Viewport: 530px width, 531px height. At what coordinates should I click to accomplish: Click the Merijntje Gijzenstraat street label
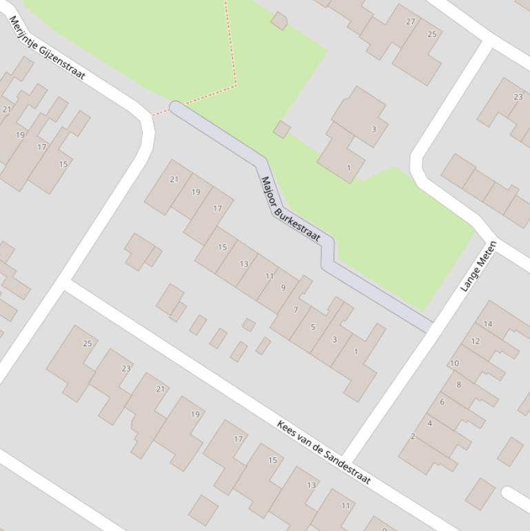[x=47, y=48]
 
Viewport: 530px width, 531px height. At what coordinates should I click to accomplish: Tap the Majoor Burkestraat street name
[x=290, y=209]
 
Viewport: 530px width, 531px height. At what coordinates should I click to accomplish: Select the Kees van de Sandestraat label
[x=324, y=452]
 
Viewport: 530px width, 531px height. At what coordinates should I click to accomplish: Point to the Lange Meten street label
[x=478, y=266]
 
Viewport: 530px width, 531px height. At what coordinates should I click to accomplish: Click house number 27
[x=411, y=21]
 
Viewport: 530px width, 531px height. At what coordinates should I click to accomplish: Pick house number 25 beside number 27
[x=432, y=34]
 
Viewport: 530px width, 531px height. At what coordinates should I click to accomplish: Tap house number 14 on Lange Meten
[x=488, y=323]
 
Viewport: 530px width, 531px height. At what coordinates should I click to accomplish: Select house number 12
[x=476, y=341]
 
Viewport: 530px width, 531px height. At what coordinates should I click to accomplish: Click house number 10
[x=454, y=363]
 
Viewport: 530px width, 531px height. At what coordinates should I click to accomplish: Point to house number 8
[x=459, y=384]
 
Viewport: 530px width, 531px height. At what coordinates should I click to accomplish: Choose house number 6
[x=442, y=402]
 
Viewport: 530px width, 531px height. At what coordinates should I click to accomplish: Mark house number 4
[x=429, y=423]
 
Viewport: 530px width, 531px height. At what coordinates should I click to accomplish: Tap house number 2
[x=413, y=436]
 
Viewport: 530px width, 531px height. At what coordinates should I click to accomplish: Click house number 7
[x=296, y=310]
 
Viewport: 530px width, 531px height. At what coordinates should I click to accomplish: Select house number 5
[x=313, y=327]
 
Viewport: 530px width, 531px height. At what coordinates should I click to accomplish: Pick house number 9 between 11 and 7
[x=283, y=288]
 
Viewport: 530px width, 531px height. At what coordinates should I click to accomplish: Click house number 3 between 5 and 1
[x=334, y=339]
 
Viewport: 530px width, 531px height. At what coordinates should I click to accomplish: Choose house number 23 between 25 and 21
[x=126, y=368]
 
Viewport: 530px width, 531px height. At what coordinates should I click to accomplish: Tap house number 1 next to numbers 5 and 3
[x=356, y=352]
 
